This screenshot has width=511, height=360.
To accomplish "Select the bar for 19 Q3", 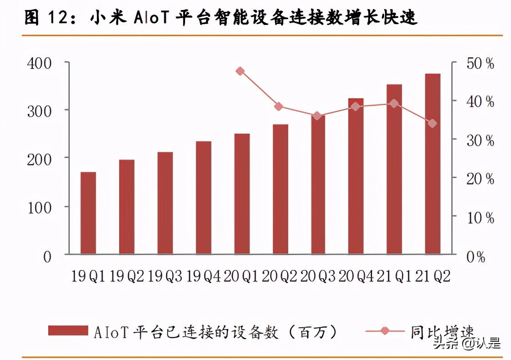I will tap(165, 203).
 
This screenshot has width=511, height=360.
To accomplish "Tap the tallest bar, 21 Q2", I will tap(433, 164).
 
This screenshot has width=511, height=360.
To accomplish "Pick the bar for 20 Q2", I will tap(281, 189).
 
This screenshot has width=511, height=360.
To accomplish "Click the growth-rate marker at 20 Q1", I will tap(240, 71).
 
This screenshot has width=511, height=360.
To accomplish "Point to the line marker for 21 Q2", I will tap(432, 123).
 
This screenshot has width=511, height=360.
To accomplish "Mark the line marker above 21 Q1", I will tap(394, 104).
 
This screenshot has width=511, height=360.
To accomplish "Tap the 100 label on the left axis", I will tap(40, 208).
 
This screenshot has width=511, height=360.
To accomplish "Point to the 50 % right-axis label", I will tap(480, 64).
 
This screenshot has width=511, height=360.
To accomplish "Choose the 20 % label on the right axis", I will tap(480, 179).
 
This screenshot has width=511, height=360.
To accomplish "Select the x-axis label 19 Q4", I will tap(203, 276).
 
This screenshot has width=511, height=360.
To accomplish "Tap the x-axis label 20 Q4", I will tap(357, 276).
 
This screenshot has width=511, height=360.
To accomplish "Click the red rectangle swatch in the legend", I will tap(68, 330).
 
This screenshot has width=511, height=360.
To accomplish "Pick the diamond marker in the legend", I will tap(385, 330).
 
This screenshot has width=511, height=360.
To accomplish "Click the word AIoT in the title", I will tap(151, 18).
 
